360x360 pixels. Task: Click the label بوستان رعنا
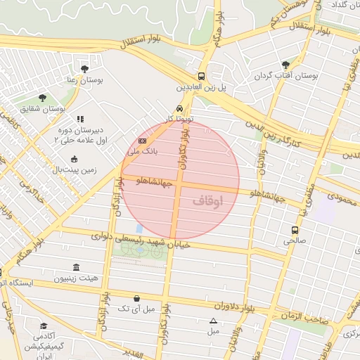pyautogui.click(x=84, y=80)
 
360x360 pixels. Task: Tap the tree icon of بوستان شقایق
pyautogui.click(x=44, y=97)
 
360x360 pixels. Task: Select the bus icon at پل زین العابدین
pyautogui.click(x=202, y=76)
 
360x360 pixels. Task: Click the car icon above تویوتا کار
pyautogui.click(x=180, y=109)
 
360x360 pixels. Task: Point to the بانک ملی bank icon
pyautogui.click(x=142, y=141)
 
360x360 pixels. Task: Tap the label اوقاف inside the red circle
pyautogui.click(x=207, y=202)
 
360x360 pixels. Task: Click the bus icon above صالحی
pyautogui.click(x=294, y=229)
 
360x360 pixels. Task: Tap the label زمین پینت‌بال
pyautogui.click(x=75, y=169)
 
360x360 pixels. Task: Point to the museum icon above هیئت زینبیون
pyautogui.click(x=76, y=268)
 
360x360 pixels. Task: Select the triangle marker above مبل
pyautogui.click(x=213, y=321)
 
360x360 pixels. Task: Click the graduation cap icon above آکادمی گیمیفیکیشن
pyautogui.click(x=44, y=326)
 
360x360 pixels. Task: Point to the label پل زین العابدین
pyautogui.click(x=202, y=88)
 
